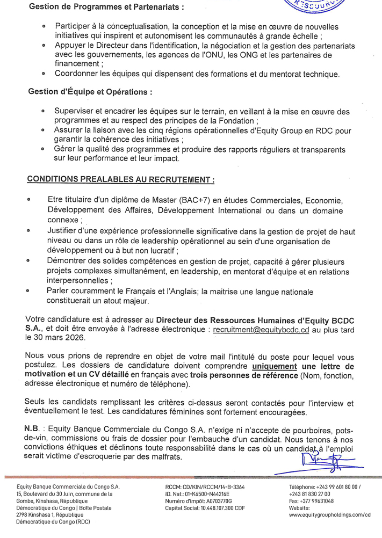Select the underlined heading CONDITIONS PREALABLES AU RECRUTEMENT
click(121, 179)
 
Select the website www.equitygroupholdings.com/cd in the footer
click(329, 514)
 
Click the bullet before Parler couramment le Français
click(28, 291)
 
